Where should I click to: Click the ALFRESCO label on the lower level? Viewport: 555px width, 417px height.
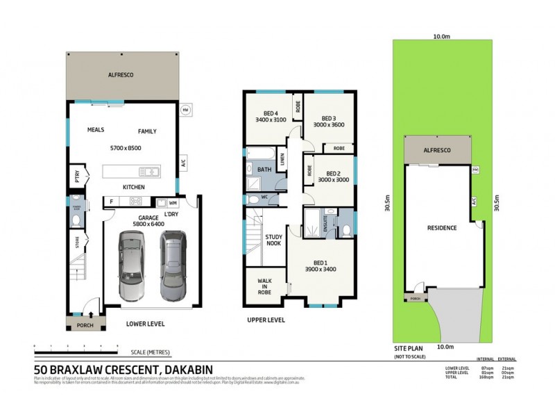tap(120, 74)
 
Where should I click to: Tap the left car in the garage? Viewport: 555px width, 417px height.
tap(133, 267)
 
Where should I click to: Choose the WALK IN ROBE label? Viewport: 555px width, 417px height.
tap(264, 286)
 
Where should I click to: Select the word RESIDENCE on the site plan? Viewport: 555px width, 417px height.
tap(441, 228)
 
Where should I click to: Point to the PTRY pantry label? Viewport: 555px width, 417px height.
tap(76, 177)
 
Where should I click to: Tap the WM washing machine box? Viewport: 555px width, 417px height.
tap(173, 203)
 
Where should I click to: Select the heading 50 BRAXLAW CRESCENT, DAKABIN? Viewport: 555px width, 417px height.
tap(123, 370)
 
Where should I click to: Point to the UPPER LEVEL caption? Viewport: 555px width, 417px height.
tap(266, 320)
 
